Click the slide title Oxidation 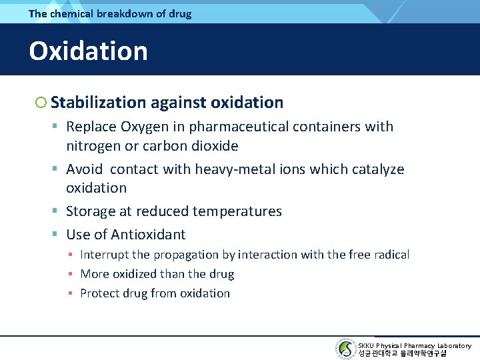pos(88,51)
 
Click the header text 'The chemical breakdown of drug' pos(110,13)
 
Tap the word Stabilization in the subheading pos(98,102)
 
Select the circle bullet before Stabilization pos(41,103)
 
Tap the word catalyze pos(377,169)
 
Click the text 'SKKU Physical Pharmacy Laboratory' pos(415,345)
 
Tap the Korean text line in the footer pos(402,354)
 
